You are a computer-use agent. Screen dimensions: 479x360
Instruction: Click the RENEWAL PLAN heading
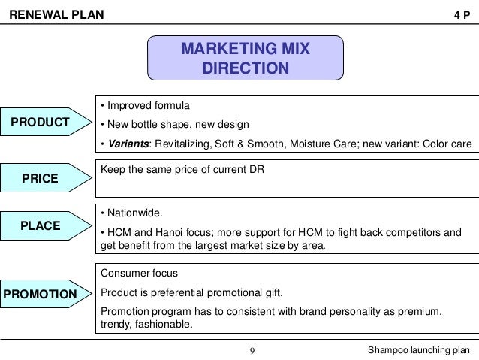point(51,14)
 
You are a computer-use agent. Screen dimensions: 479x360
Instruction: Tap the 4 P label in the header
point(463,14)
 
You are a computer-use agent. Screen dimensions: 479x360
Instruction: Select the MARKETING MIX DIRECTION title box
point(246,59)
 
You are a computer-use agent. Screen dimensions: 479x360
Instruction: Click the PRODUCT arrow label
point(38,123)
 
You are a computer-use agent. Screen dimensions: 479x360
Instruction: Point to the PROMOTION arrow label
point(41,293)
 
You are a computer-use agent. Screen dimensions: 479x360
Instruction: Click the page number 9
point(252,350)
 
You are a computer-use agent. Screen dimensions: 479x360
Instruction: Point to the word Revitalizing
point(182,144)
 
